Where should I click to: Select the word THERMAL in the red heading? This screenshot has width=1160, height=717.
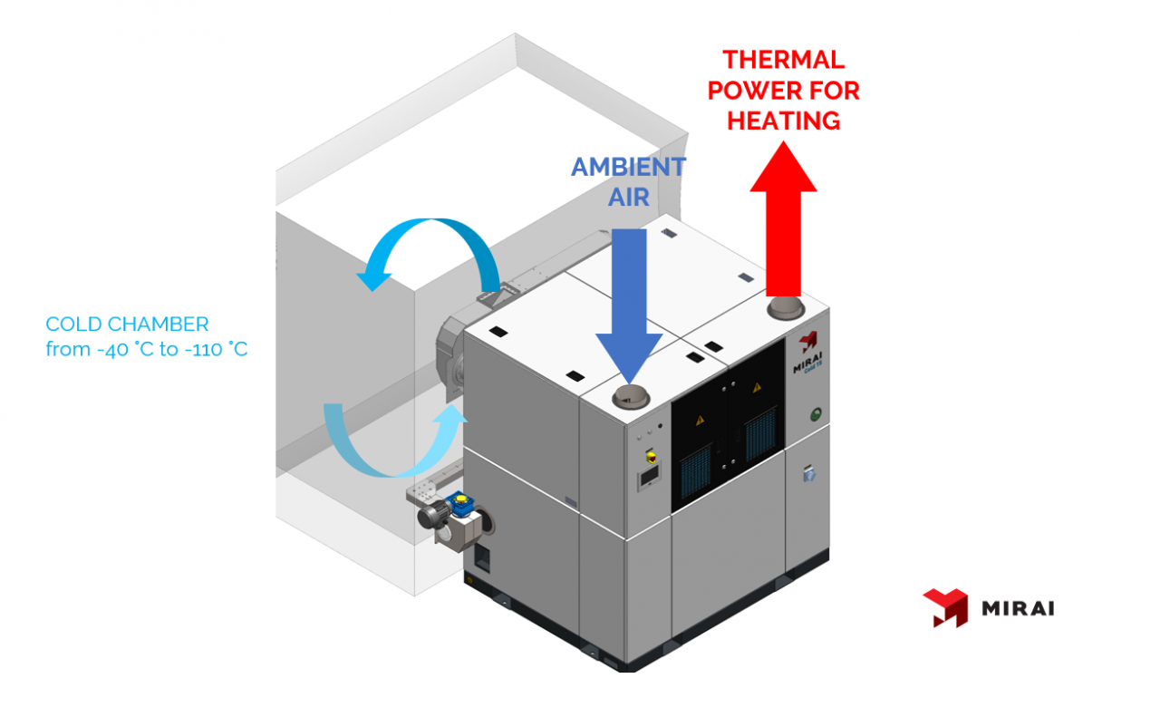783,60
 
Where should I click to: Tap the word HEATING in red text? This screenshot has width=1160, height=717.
783,120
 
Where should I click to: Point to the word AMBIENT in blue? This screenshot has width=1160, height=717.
627,167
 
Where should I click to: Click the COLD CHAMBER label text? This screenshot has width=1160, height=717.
127,324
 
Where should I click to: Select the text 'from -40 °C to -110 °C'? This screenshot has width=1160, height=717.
146,349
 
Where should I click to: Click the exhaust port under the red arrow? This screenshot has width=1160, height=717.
784,309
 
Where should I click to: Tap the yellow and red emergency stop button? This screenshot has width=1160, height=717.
649,451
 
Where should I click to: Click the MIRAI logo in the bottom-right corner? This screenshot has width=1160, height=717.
988,607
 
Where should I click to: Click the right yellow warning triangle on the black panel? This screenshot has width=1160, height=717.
756,387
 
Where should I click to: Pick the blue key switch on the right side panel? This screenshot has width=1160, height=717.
808,472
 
